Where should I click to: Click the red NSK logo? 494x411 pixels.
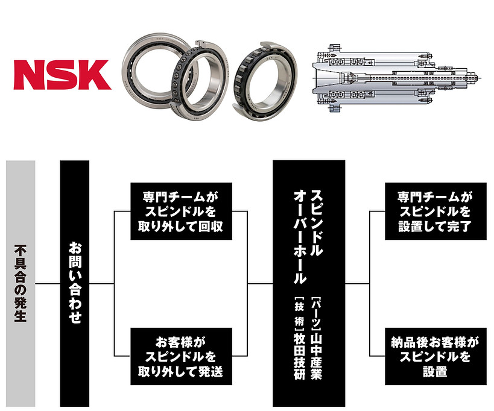pos(62,75)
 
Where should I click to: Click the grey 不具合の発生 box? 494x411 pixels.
pos(21,283)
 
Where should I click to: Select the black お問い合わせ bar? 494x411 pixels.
pos(75,283)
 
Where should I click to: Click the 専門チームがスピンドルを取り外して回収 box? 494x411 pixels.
pos(181,211)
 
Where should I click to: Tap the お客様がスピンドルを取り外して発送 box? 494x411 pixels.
pos(181,356)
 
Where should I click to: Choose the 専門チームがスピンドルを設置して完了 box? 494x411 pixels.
pos(435,211)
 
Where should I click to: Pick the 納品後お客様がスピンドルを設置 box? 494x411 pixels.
pos(435,356)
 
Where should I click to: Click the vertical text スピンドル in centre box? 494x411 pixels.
pos(317,223)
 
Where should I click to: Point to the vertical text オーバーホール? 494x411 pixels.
pos(300,237)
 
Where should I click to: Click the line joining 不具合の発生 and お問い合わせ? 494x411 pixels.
pos(48,284)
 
